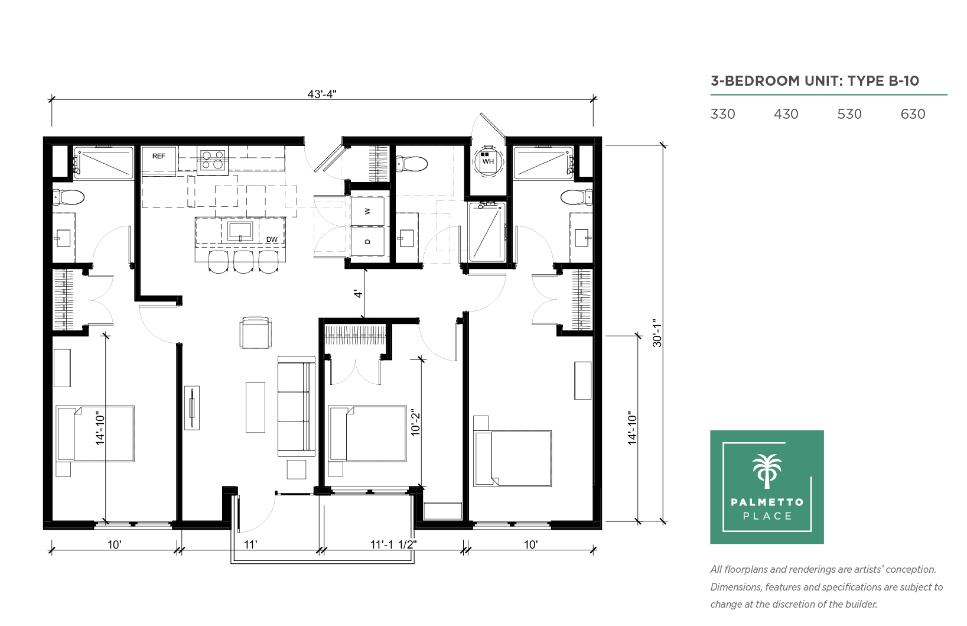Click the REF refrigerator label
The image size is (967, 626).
[x=158, y=156]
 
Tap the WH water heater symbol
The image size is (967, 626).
[x=488, y=161]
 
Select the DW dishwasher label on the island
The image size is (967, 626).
[x=272, y=239]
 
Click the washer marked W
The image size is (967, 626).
[x=367, y=211]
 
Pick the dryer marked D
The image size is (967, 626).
[x=367, y=242]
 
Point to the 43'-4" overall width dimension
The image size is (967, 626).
[x=321, y=94]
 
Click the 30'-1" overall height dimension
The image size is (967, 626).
[x=657, y=333]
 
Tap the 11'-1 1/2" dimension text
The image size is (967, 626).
[x=393, y=544]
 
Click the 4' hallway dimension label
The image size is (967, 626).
[x=358, y=294]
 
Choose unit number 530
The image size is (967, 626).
[x=849, y=114]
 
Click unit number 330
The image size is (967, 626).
[x=722, y=114]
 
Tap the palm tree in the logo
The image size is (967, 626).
[x=767, y=471]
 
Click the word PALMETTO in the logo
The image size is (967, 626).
[x=767, y=502]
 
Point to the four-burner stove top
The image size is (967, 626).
[x=213, y=160]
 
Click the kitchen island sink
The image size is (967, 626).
[x=240, y=232]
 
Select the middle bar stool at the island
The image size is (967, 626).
[x=243, y=262]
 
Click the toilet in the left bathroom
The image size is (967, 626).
[x=68, y=198]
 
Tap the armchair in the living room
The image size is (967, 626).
[x=256, y=333]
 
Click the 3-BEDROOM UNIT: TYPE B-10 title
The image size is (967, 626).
[x=815, y=81]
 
